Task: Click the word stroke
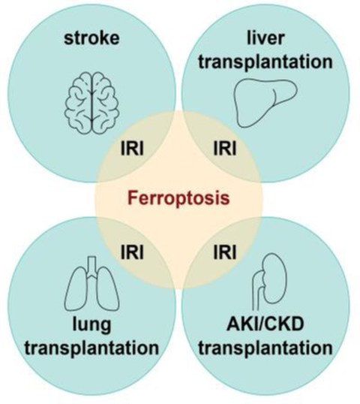91,38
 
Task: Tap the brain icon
91,103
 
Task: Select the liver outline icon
265,103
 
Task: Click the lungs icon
91,283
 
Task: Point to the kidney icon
270,282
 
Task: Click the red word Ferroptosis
178,198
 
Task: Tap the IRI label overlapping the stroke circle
132,148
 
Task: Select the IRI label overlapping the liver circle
225,148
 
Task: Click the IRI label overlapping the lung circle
132,252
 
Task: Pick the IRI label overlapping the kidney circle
225,252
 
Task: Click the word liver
265,38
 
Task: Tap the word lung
91,325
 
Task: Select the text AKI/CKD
265,324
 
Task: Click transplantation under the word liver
265,63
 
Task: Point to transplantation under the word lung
91,348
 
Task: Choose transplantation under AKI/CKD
265,348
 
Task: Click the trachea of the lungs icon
91,267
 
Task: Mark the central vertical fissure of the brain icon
91,103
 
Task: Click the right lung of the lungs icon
108,289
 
